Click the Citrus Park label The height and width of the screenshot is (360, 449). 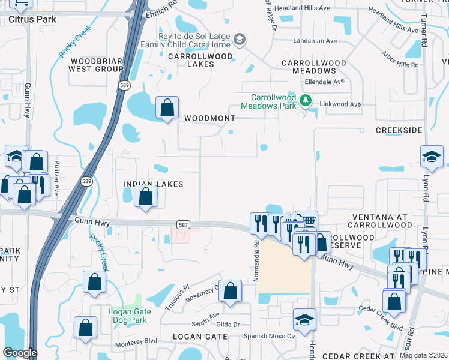32,19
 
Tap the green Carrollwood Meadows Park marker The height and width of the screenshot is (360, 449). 306,100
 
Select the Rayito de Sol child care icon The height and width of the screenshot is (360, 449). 239,40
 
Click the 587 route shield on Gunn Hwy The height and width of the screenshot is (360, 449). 184,224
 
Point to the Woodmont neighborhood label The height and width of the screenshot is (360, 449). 209,118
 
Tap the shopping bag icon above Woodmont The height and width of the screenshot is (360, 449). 167,108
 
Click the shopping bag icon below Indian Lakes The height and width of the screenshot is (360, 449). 146,196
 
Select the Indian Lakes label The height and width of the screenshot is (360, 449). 152,184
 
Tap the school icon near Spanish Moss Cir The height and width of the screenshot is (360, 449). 304,319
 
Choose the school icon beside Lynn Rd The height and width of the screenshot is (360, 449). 432,157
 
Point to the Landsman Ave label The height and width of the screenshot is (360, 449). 315,41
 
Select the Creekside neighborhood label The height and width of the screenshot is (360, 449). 399,130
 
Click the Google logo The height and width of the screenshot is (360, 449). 20,353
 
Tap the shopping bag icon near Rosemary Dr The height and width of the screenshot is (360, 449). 230,291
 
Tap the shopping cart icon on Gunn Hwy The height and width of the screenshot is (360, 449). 307,220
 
